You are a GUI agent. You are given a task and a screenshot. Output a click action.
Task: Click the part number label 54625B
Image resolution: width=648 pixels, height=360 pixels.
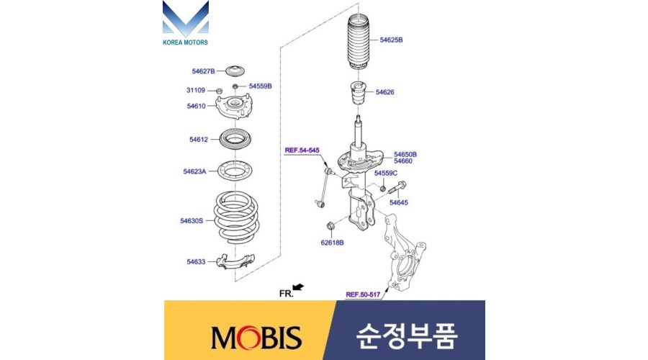click(x=391, y=40)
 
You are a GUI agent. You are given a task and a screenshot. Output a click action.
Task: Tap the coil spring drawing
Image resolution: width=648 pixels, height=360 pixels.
click(x=236, y=217)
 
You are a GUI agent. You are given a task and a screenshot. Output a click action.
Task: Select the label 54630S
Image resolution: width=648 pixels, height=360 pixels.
click(x=192, y=221)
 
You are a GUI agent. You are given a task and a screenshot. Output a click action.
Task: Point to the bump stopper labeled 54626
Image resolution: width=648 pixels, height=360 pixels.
click(x=358, y=94)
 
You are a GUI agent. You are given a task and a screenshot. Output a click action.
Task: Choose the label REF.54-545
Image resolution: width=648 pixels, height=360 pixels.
click(x=302, y=150)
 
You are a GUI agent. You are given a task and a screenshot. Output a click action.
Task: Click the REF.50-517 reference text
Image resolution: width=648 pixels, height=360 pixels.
click(x=363, y=294)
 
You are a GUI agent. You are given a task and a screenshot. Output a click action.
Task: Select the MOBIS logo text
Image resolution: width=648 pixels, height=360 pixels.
click(x=256, y=337)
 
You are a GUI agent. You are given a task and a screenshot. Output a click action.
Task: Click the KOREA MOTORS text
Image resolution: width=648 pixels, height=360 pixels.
click(x=185, y=42)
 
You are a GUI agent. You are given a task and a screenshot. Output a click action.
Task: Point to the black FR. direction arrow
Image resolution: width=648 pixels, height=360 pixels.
click(x=298, y=287)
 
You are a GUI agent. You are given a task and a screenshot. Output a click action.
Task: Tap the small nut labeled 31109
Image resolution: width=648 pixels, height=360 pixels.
click(x=220, y=91)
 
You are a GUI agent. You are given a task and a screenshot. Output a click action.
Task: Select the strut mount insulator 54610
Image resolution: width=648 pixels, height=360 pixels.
click(x=234, y=107)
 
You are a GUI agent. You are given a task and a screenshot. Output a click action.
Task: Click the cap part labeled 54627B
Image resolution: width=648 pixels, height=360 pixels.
click(x=235, y=71)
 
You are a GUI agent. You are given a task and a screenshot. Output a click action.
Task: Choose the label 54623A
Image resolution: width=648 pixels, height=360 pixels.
click(x=194, y=171)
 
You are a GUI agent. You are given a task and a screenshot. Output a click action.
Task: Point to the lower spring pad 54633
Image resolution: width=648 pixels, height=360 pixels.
click(x=235, y=261)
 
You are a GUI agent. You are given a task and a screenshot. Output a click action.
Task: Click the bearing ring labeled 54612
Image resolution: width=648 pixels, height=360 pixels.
click(x=235, y=140)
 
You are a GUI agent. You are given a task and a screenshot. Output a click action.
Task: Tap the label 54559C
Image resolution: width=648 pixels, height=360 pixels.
click(x=386, y=174)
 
